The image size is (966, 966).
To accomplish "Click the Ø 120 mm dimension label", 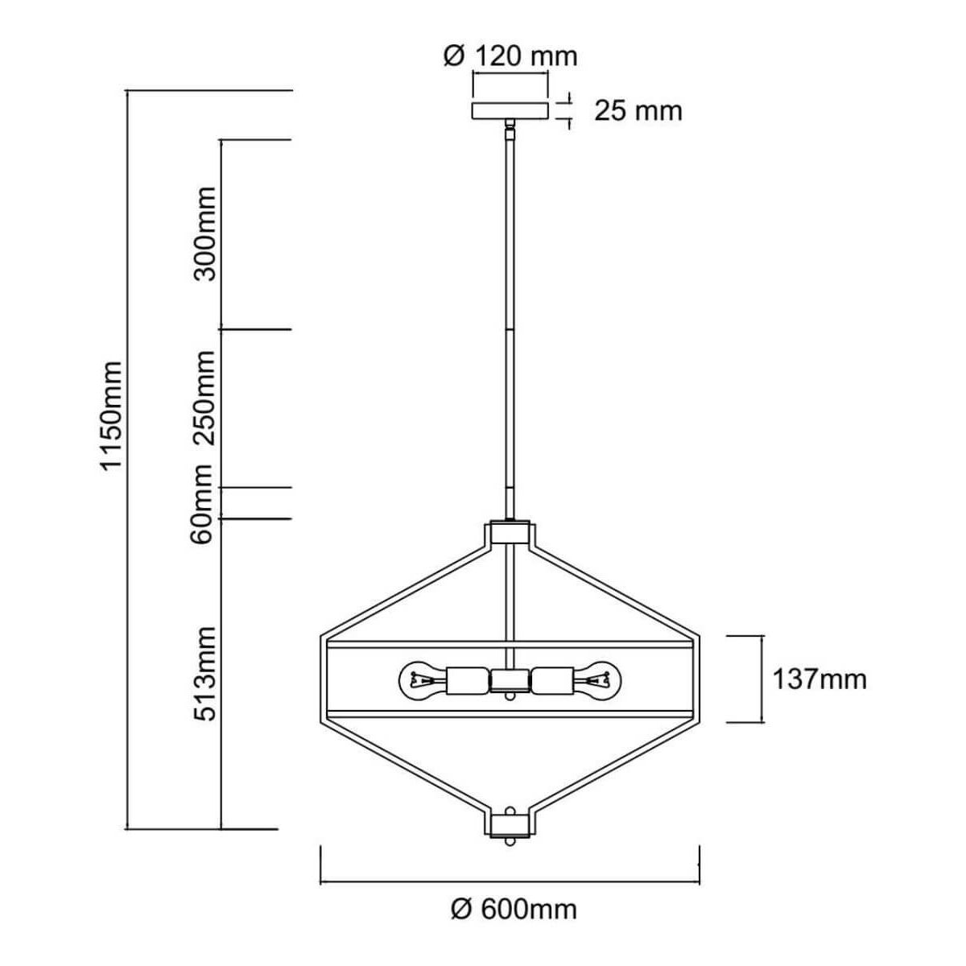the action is click(510, 56).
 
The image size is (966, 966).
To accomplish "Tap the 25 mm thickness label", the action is click(638, 111).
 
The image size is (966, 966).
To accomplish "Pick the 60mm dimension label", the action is click(203, 504).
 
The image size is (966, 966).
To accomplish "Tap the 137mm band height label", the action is click(819, 679).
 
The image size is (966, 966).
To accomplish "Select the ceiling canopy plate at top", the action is click(510, 111).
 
